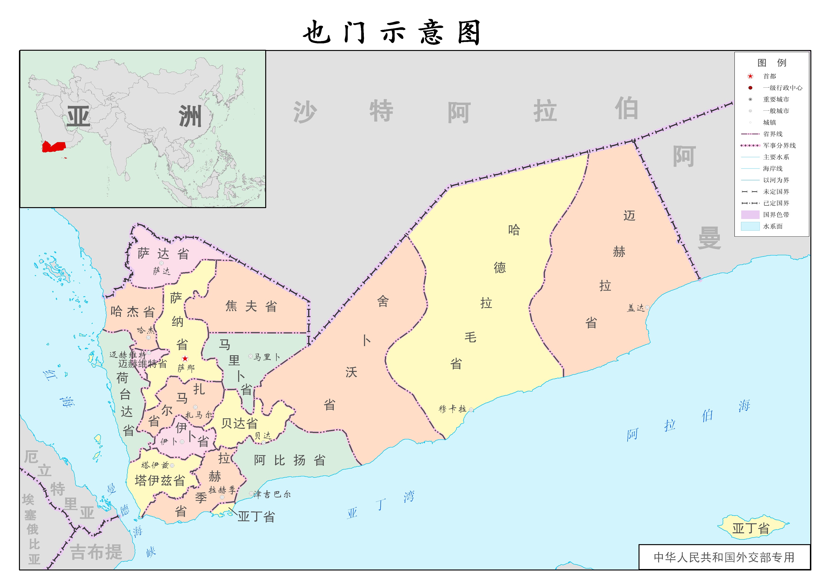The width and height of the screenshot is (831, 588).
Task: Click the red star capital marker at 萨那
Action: (185, 358)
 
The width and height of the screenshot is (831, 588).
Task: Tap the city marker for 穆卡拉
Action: (471, 410)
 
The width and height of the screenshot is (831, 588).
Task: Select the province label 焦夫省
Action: (251, 306)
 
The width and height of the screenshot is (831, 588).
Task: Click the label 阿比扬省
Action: (289, 460)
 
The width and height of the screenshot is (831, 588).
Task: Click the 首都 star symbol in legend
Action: (750, 76)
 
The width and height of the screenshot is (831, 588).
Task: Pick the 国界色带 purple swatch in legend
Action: (750, 215)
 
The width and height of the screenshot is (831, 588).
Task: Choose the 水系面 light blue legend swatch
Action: (750, 226)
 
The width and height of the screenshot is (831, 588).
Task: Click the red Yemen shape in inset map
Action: (54, 147)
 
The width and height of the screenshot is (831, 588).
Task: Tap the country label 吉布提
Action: (96, 552)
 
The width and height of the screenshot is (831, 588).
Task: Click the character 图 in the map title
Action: (469, 32)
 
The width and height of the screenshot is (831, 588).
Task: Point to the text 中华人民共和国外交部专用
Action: (724, 557)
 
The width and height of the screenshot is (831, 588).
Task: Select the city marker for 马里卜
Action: (250, 356)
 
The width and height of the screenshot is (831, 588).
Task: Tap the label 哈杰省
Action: (132, 311)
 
